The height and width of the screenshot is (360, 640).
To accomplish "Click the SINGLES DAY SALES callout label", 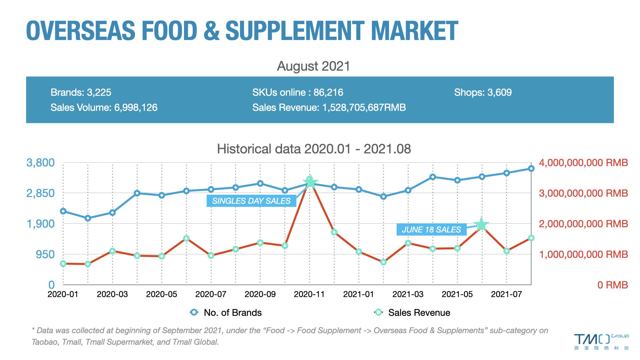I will coord(251,201).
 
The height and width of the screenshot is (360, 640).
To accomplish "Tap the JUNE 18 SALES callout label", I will coord(431,230).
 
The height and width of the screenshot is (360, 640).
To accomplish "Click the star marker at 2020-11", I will coord(310,182).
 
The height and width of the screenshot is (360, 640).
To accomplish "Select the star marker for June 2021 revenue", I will coord(481,225).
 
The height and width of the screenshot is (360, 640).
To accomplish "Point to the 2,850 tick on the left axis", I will coord(40,193).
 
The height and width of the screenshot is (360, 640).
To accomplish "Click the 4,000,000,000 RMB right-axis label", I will coord(583,163).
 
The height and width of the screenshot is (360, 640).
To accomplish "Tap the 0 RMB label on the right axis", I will coord(612,285).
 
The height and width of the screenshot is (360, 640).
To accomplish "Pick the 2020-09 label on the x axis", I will coord(260,294).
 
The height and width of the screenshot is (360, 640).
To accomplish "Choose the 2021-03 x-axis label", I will coord(408,294).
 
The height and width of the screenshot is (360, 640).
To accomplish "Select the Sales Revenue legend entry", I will coord(413,313).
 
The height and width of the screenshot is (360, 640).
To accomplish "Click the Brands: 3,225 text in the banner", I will coord(81,92).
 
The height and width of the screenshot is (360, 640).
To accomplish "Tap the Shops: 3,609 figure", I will coord(483,92).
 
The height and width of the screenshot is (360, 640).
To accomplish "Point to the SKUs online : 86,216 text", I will coord(298,92).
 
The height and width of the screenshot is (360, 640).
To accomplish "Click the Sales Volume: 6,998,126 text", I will coord(104,107).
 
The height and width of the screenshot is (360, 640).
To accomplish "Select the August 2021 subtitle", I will coord(313,66).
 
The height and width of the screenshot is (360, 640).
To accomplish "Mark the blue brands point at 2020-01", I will coord(63,211).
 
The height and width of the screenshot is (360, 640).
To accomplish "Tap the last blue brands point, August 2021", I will coord(531,169).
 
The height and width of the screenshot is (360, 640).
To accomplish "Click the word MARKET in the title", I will coord(414,31).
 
